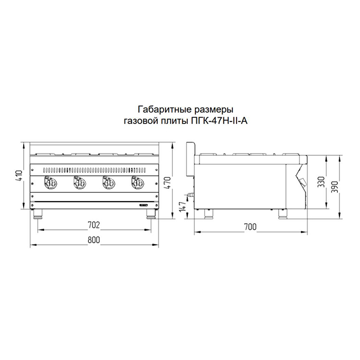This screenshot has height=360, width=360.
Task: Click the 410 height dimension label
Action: pos(19,176)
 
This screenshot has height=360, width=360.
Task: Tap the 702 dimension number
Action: pos(94,225)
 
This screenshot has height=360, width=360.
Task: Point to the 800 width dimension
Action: pos(94,240)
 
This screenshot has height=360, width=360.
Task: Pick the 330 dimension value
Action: pos(321,182)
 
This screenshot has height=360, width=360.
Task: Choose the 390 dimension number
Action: pos(335,186)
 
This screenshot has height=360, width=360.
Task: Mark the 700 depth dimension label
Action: pos(250,227)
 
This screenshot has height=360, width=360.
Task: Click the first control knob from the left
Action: pos(50,183)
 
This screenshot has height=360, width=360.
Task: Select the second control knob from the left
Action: pos(79,183)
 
